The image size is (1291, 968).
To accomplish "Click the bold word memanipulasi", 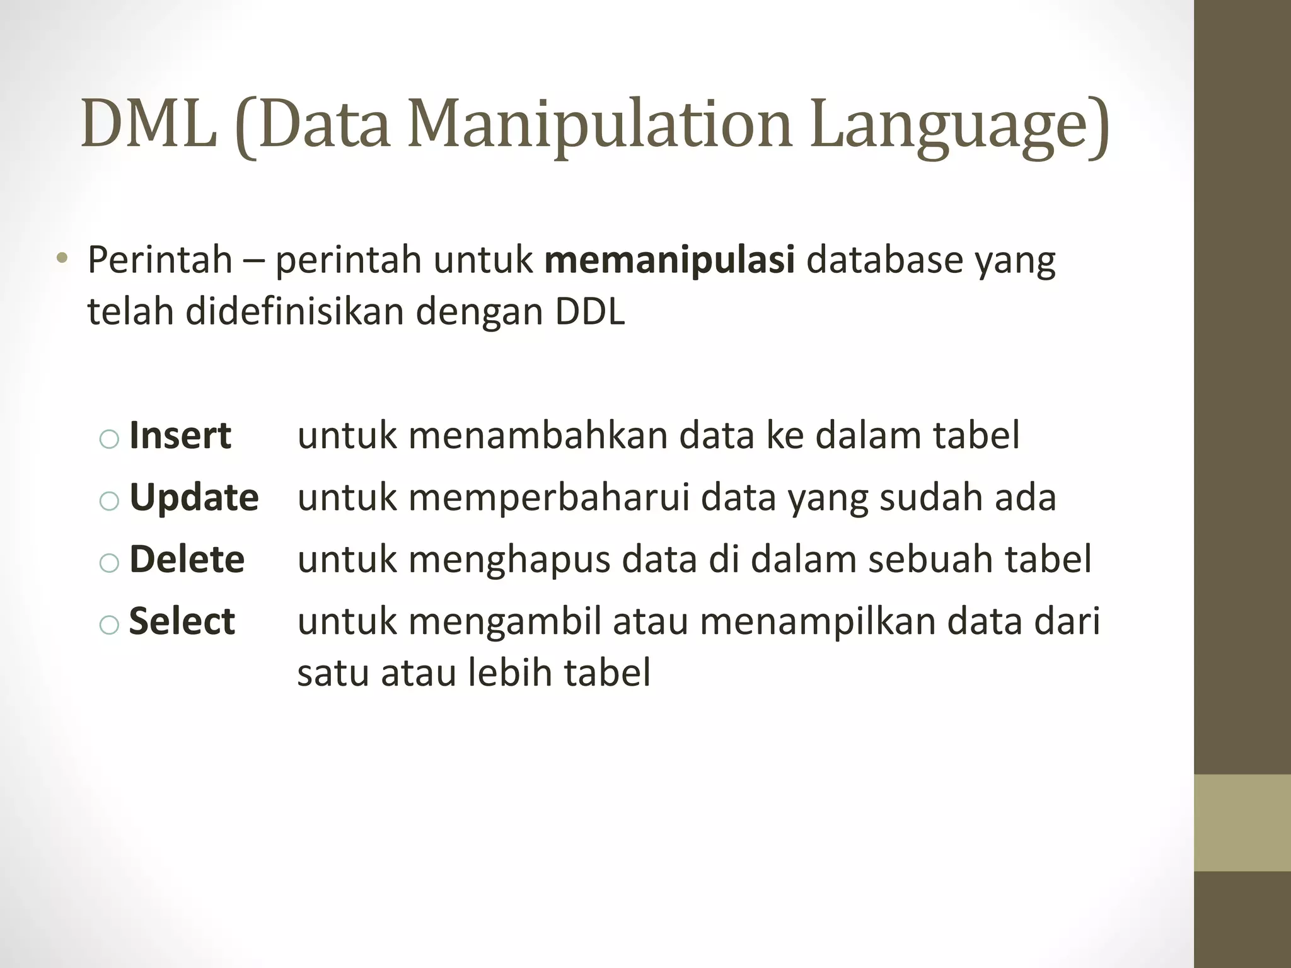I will (x=669, y=260).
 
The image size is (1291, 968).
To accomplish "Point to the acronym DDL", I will (x=589, y=311).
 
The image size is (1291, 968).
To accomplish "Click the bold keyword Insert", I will (x=180, y=435).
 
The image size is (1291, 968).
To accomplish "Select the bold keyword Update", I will (x=194, y=498).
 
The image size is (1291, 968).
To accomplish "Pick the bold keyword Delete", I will (x=187, y=560).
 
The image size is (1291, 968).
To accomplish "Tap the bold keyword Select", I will (x=182, y=621).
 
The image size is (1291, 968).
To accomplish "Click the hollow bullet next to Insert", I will (x=109, y=439).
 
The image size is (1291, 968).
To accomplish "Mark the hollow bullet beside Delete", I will (x=109, y=563).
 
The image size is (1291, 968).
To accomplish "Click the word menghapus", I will (x=509, y=560).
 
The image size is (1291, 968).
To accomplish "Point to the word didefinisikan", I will (x=294, y=311).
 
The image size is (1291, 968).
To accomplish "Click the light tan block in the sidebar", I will (x=1242, y=822).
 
